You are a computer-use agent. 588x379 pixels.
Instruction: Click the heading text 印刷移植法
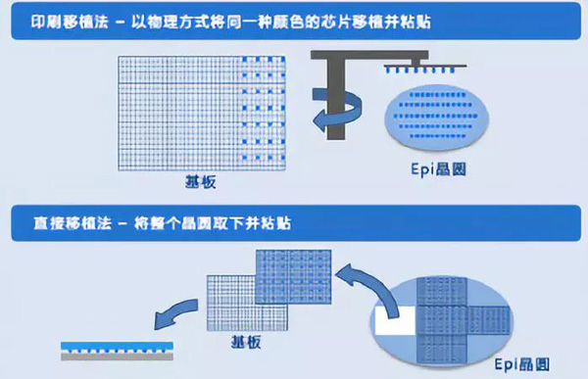pos(70,22)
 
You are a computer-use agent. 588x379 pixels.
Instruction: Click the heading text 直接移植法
pos(73,223)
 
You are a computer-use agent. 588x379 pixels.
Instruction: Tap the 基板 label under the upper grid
pos(201,181)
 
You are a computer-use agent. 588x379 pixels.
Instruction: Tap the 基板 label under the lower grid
pos(246,342)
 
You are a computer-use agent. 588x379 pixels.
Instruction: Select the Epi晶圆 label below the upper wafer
pos(438,169)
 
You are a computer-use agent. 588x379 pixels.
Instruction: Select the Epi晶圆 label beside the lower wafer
pos(521,364)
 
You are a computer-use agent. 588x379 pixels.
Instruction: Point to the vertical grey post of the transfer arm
pos(335,99)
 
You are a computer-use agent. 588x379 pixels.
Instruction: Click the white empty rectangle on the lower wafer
pos(395,320)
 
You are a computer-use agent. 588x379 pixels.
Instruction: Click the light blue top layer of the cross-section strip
pos(117,346)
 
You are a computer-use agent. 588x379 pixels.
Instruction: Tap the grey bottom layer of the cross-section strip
pos(117,356)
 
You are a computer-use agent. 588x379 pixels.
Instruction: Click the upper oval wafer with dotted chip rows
pos(437,116)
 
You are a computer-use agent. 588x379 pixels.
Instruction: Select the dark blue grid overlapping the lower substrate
pos(294,276)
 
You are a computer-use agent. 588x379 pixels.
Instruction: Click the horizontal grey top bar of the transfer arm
pos(369,55)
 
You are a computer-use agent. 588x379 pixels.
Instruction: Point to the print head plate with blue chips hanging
pos(425,68)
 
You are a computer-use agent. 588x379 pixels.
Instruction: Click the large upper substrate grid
pos(202,114)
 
